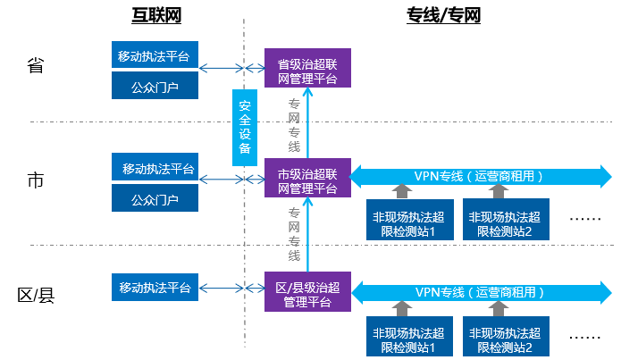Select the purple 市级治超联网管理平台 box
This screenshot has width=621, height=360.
point(307,178)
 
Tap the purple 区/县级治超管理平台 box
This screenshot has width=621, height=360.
point(307,291)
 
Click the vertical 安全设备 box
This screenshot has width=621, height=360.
point(244,127)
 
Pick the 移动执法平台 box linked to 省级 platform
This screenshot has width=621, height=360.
point(155,55)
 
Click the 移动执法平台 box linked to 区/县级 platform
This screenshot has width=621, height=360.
point(155,288)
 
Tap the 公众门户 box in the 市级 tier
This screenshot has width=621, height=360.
point(155,198)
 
